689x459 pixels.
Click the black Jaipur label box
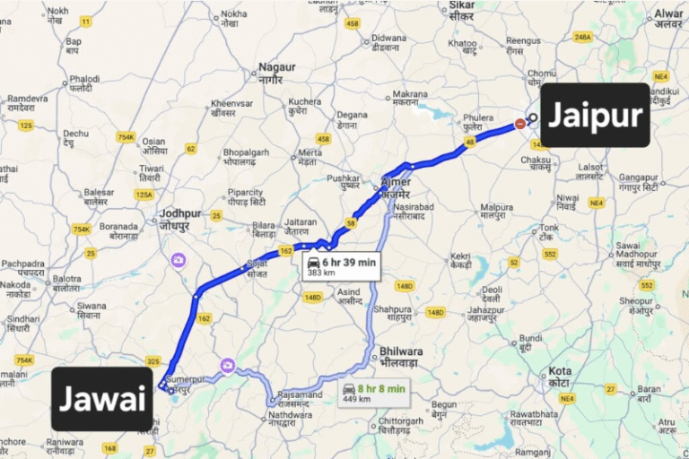595,115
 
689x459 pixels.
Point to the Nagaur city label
276,72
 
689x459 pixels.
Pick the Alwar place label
668,20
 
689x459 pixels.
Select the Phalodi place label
85,82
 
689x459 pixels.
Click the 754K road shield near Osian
125,136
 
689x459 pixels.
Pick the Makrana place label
409,98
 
